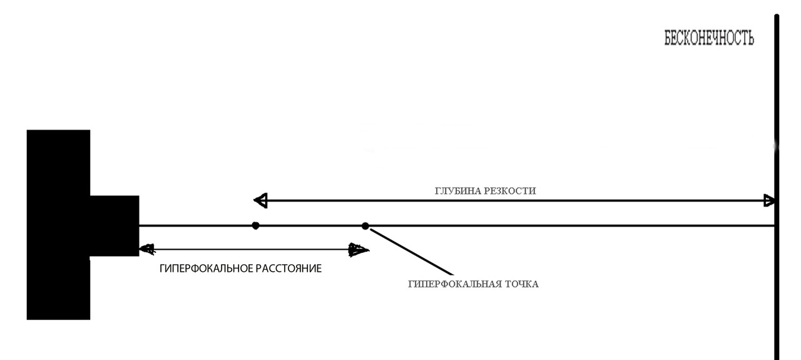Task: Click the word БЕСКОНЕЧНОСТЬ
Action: pos(709,38)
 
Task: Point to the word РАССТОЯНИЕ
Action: pos(288,269)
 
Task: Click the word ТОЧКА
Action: pos(520,284)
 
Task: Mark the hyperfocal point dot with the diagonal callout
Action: pos(365,225)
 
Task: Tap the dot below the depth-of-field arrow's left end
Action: pos(255,225)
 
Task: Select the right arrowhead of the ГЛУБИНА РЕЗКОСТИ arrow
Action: pos(770,201)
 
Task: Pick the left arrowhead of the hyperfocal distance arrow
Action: pos(146,249)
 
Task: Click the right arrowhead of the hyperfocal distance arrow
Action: pos(359,250)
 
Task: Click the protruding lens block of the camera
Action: pos(115,225)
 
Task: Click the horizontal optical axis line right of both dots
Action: pos(563,225)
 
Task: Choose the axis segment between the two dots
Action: pos(310,225)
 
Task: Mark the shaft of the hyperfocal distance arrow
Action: pos(250,249)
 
